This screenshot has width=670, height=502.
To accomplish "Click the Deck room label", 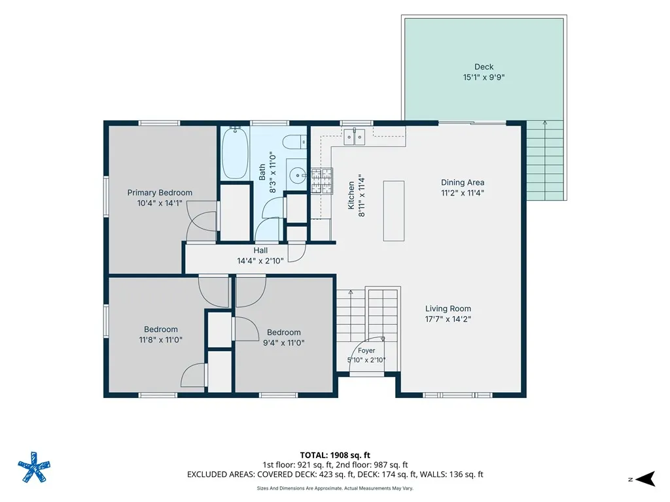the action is click(x=484, y=67).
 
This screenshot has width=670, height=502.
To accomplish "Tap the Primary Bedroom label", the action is click(x=160, y=193).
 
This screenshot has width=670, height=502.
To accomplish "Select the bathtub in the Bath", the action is click(x=235, y=153).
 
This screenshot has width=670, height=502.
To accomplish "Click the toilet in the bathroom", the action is click(x=295, y=141).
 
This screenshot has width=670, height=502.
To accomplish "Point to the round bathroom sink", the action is click(x=298, y=175).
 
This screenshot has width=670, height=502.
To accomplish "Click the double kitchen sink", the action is click(x=355, y=137).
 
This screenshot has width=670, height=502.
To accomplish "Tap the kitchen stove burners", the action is click(x=322, y=180).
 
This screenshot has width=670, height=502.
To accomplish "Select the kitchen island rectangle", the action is click(x=393, y=211).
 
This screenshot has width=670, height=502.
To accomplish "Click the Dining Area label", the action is click(x=463, y=182).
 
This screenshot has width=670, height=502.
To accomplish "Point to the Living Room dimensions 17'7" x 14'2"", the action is click(x=448, y=319).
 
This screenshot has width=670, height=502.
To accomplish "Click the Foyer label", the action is click(x=366, y=350).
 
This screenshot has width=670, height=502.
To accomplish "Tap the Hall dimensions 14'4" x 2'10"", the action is click(x=260, y=261).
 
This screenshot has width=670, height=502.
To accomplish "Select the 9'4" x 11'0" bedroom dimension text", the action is click(x=284, y=343).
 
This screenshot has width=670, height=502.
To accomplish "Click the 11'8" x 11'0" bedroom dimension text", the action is click(x=161, y=340).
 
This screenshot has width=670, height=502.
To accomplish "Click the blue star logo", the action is click(x=34, y=467).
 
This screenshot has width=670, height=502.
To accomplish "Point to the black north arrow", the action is click(x=646, y=479).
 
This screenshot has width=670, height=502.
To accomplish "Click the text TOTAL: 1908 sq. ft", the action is click(x=335, y=455).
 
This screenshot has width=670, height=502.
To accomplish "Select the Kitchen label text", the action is click(x=351, y=195).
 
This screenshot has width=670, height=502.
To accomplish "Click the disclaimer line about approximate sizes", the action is click(x=335, y=488).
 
